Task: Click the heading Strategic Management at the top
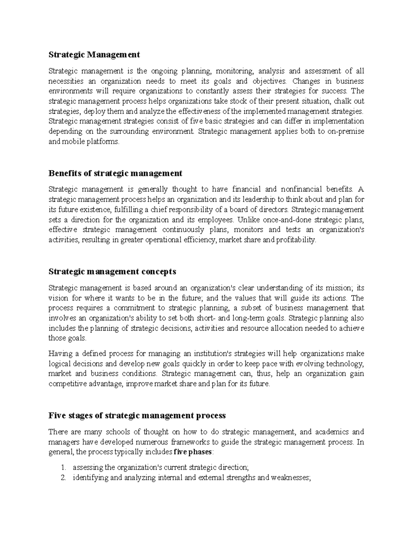point(94,54)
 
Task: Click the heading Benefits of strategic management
point(115,173)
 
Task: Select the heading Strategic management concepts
point(112,271)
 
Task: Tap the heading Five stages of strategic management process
point(137,415)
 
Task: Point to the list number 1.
point(63,467)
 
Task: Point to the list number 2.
point(63,478)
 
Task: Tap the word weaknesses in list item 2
point(290,478)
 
